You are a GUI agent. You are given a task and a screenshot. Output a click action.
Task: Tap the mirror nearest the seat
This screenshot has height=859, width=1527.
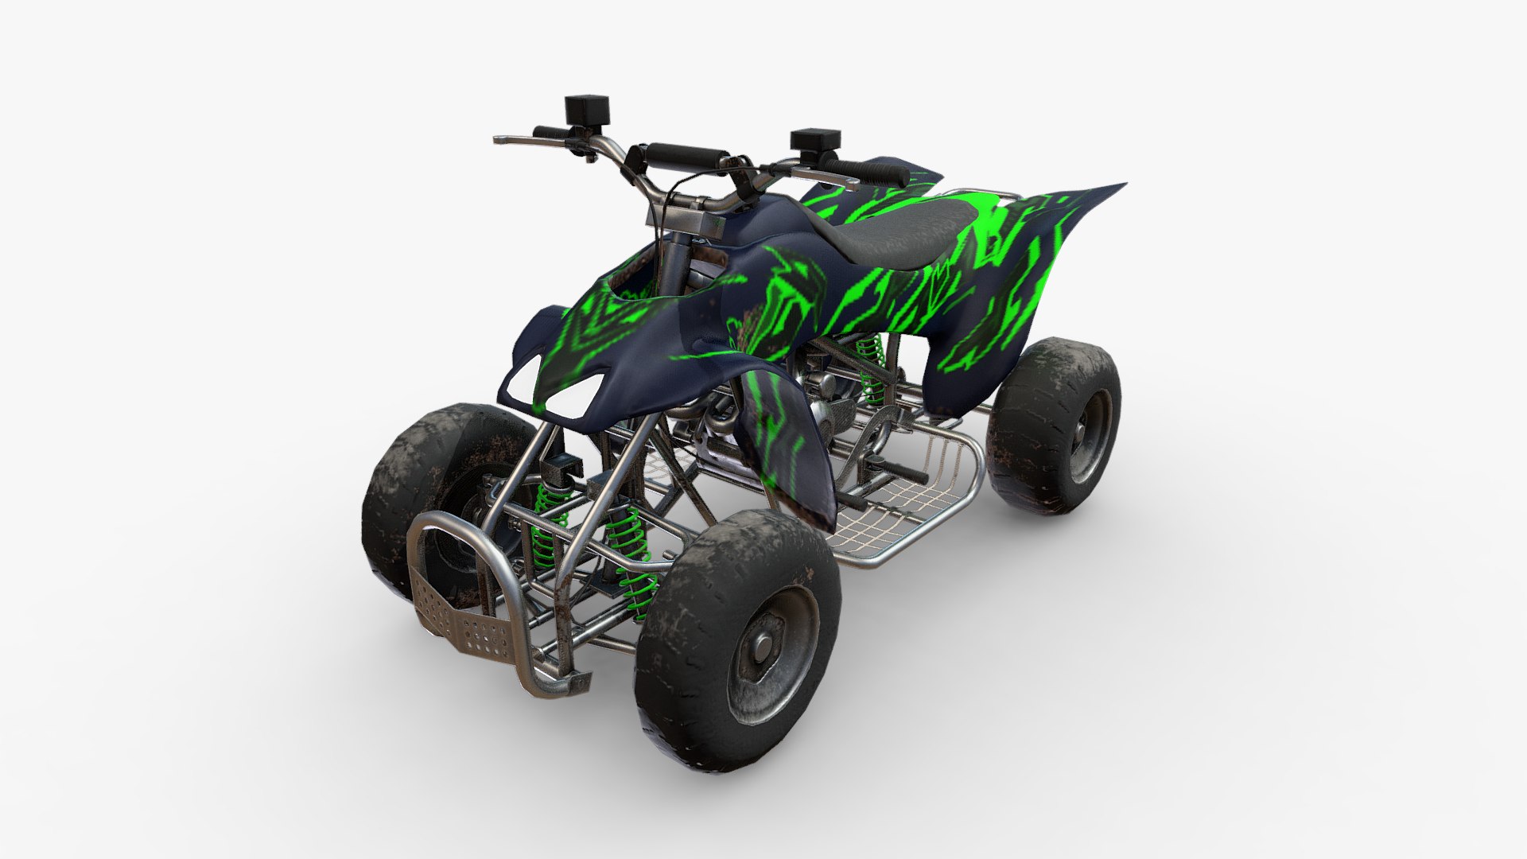tap(815, 140)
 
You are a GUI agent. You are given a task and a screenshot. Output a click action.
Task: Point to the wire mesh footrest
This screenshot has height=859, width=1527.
tap(899, 509)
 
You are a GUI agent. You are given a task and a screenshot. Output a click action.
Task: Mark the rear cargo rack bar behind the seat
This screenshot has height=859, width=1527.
tap(986, 192)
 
